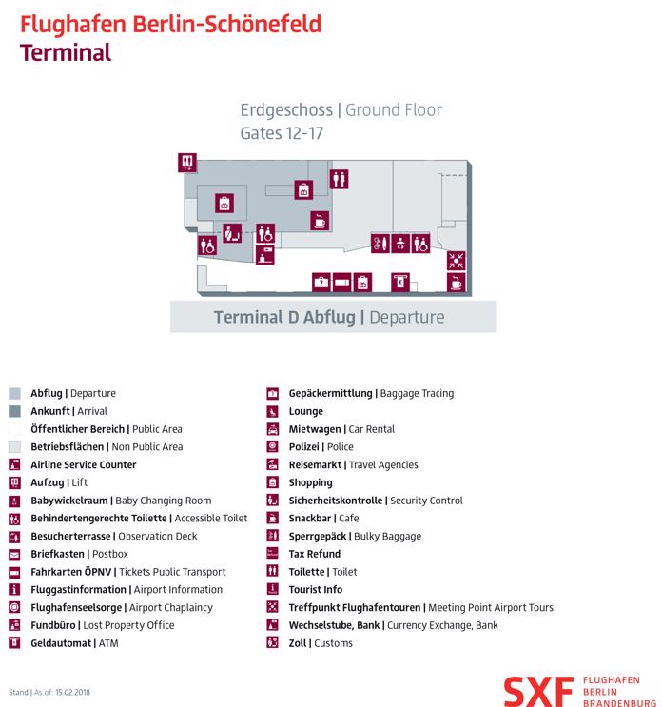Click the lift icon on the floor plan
click(187, 163)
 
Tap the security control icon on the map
click(232, 233)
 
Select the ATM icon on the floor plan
click(400, 283)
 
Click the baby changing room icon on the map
click(400, 244)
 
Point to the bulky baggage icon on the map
click(380, 244)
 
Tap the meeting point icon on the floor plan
click(456, 261)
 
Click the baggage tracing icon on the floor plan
click(321, 283)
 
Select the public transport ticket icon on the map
click(341, 283)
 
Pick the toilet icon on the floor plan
click(339, 179)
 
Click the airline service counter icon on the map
click(265, 255)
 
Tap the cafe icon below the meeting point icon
click(456, 283)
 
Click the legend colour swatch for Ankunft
click(14, 411)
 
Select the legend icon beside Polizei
click(272, 446)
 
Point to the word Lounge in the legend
click(306, 411)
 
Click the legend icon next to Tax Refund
click(272, 554)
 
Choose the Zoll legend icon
click(272, 642)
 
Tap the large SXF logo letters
click(538, 692)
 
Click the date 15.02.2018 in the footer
click(72, 692)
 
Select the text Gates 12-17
click(282, 133)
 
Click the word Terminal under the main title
click(66, 52)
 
